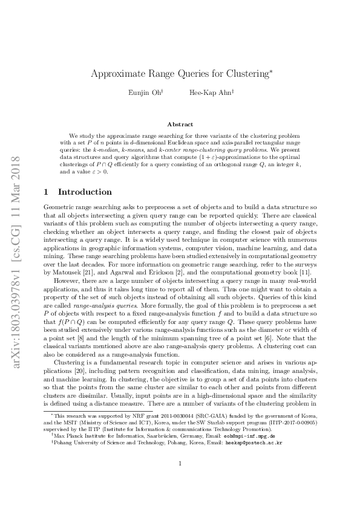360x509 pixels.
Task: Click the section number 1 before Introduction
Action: click(x=47, y=192)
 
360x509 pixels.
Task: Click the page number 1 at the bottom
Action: click(x=180, y=481)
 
